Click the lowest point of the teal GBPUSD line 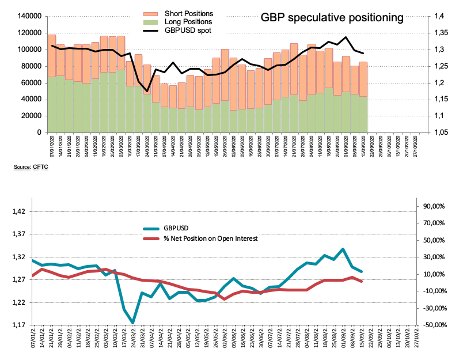(x=133, y=323)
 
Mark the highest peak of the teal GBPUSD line (x=343, y=249)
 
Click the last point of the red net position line (x=362, y=281)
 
